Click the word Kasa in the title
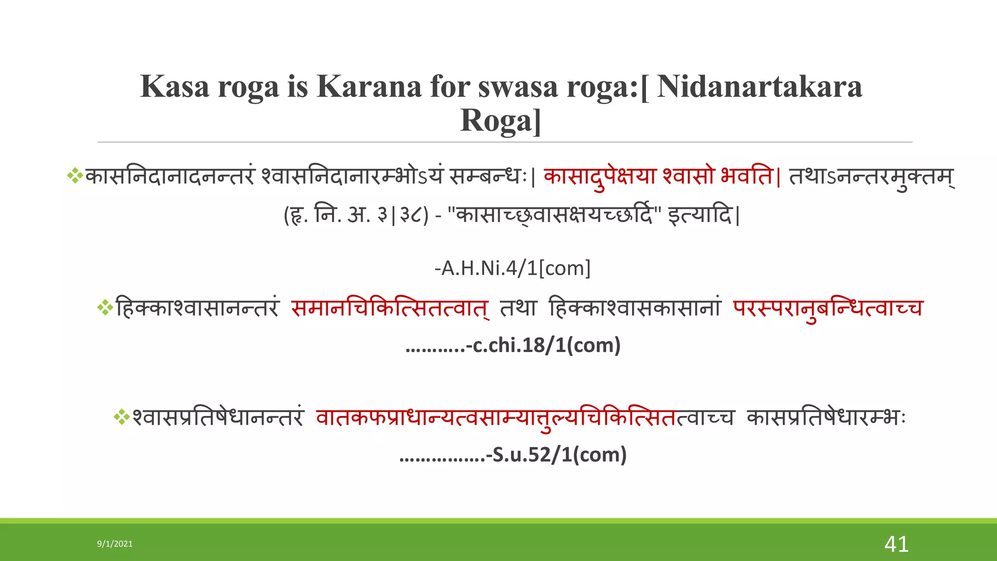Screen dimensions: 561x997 (x=175, y=87)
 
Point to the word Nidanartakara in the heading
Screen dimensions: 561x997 (x=759, y=87)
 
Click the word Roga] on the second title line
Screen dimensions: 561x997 (x=500, y=121)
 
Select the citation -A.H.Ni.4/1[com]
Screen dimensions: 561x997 (x=513, y=268)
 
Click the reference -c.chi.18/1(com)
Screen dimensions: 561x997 (x=543, y=345)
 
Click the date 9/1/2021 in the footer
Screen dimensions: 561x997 (x=115, y=544)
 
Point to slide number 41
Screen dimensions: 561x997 (x=896, y=544)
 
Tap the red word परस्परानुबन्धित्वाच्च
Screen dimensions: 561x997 (x=828, y=308)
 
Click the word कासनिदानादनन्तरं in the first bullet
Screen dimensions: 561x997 (x=170, y=176)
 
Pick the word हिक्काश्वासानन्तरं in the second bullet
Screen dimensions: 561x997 (x=197, y=308)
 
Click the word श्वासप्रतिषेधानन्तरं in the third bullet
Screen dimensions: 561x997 (x=218, y=418)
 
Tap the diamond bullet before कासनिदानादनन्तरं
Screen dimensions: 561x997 (x=75, y=176)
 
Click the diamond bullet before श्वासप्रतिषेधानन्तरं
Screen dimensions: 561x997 (x=122, y=417)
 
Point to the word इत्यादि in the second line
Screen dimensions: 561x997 (x=700, y=215)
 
